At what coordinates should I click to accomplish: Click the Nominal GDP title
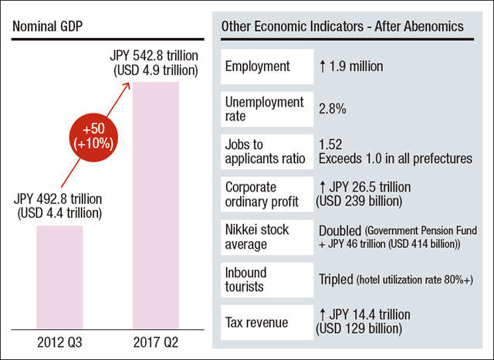pos(49,26)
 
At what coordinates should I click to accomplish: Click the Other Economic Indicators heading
pos(342,26)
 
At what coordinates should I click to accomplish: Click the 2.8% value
pos(333,109)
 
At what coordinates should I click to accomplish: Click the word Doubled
pos(340,230)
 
